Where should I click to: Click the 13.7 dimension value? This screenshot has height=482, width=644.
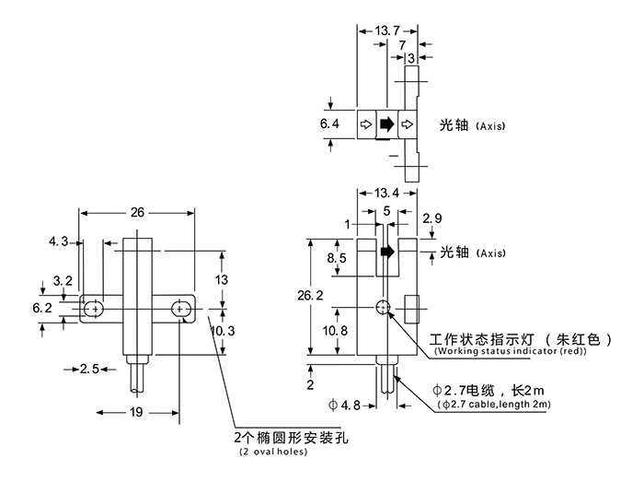click(388, 30)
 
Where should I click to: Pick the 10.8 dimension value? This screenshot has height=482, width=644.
click(336, 330)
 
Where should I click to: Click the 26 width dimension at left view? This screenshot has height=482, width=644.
click(137, 212)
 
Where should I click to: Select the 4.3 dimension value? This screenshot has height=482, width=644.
click(58, 241)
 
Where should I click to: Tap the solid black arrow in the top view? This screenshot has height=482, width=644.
click(386, 123)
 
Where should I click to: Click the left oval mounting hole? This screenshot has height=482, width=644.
click(92, 308)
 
